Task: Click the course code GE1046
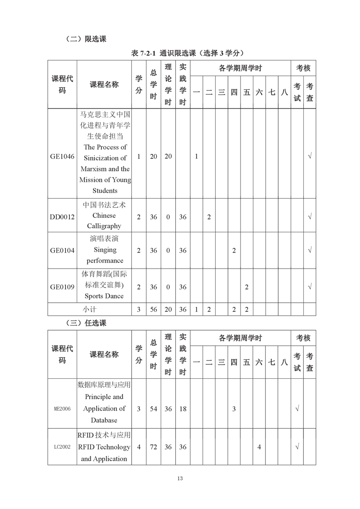(x=62, y=157)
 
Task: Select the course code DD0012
(x=62, y=217)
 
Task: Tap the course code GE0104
(x=62, y=250)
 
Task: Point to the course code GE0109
(x=62, y=287)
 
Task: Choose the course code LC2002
(x=62, y=447)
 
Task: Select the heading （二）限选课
(x=86, y=39)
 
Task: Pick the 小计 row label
(x=89, y=309)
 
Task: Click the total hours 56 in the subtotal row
(x=153, y=309)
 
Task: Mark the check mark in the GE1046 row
(x=310, y=157)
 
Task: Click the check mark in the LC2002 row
(x=297, y=447)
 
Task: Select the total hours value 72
(x=153, y=447)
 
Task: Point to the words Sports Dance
(x=104, y=296)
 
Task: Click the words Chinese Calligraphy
(x=104, y=221)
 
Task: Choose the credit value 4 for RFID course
(x=138, y=447)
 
